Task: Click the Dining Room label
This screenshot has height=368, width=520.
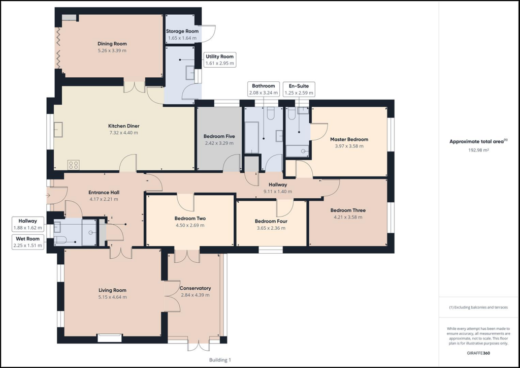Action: (112, 44)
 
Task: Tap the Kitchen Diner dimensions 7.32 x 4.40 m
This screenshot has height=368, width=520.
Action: (124, 133)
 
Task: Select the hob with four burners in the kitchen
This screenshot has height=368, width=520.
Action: (73, 165)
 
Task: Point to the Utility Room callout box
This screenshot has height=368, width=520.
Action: (219, 60)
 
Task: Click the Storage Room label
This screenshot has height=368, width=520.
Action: (182, 31)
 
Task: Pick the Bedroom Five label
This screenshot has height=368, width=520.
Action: (219, 136)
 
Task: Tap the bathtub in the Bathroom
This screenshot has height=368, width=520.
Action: (251, 138)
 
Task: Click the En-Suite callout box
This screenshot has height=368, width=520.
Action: (299, 89)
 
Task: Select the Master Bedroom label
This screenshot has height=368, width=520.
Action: (349, 139)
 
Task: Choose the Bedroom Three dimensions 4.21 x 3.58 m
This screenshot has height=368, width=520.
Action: (348, 218)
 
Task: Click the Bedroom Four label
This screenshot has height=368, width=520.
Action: (271, 221)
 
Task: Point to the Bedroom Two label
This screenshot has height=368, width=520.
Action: (190, 219)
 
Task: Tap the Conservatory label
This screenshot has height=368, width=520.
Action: (196, 288)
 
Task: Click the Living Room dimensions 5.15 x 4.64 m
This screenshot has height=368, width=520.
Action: (112, 297)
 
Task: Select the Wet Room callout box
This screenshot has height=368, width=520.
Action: (28, 242)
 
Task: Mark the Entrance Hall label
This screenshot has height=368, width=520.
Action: (104, 193)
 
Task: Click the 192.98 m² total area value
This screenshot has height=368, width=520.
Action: (478, 150)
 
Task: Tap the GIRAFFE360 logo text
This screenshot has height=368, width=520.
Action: (478, 353)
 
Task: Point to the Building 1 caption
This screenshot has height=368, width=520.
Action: (220, 360)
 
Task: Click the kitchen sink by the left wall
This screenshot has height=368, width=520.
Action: (58, 130)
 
